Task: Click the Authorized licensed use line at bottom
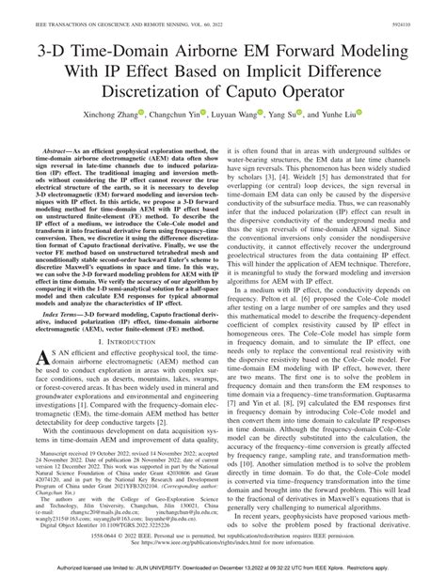click(x=222, y=568)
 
